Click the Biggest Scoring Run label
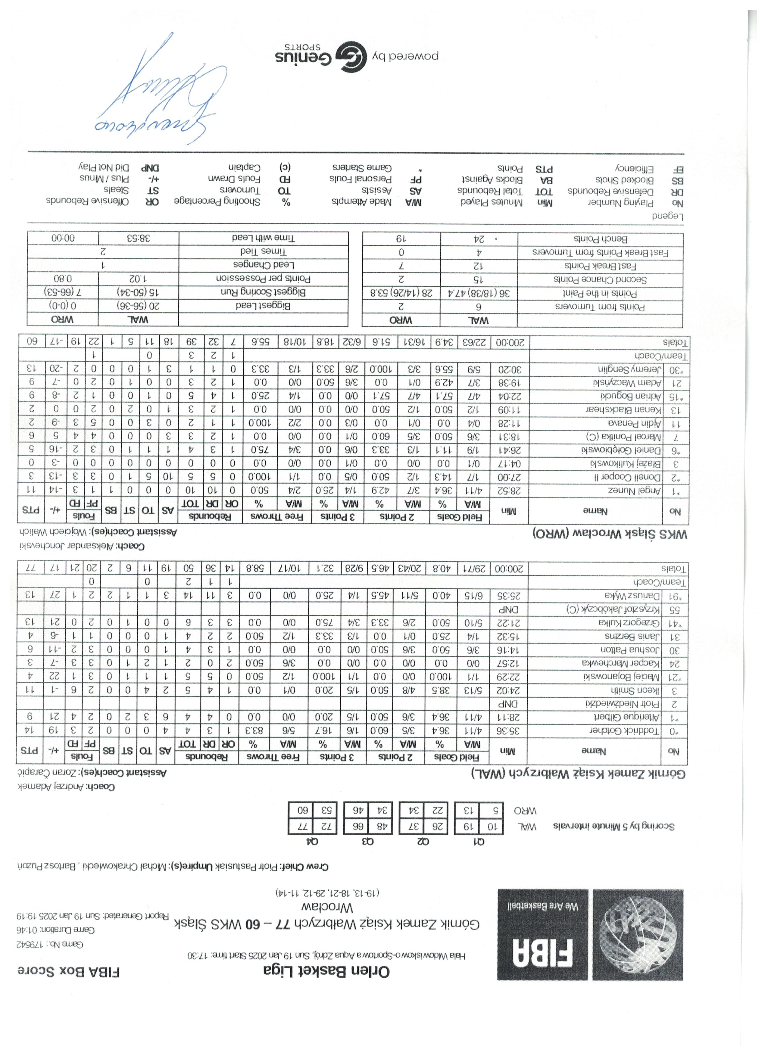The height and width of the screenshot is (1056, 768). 263,292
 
